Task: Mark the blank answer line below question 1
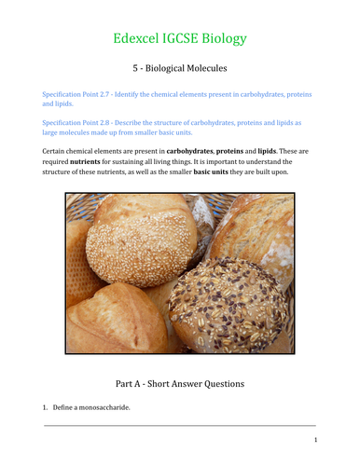click(180, 426)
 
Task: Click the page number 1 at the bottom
click(316, 440)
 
